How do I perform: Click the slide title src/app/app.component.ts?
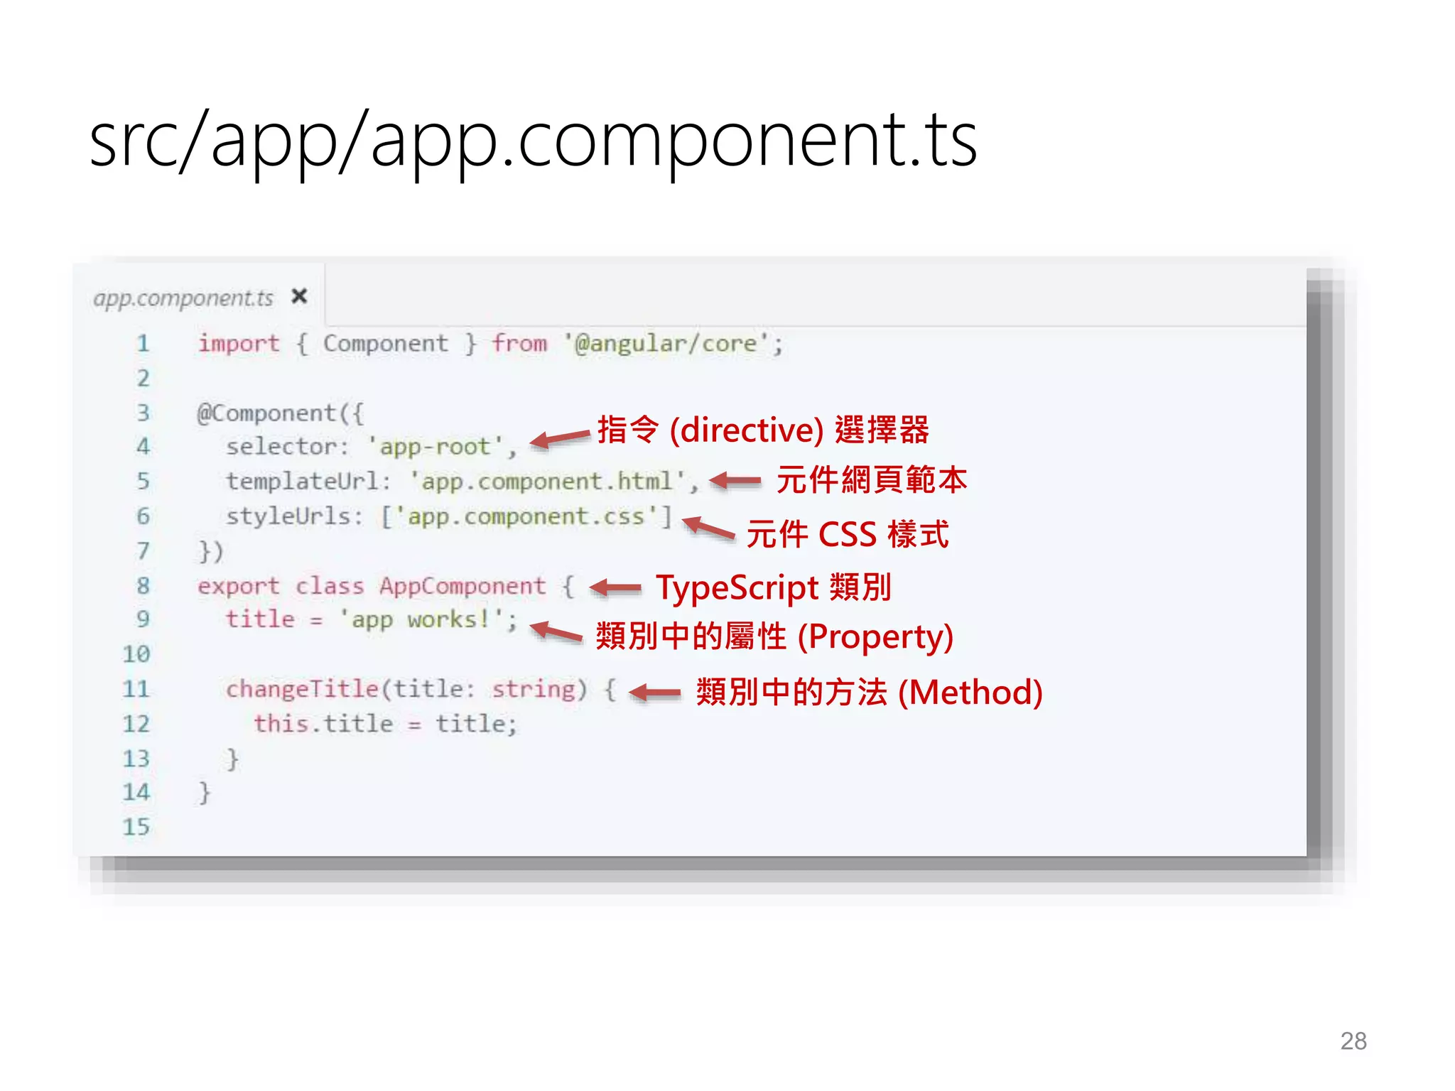pos(533,140)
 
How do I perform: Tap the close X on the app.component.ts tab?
pos(300,295)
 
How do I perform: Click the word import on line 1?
pos(239,344)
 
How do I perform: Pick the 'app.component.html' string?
pos(547,482)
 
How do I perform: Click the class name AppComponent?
pos(463,586)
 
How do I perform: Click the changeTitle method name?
pos(302,689)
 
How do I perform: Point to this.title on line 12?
pos(323,724)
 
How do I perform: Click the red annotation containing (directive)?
pos(763,430)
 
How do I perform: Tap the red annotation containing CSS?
pos(848,534)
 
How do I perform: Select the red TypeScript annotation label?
pos(773,587)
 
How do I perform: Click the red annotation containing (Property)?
pos(774,636)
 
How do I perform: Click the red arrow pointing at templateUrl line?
pos(736,481)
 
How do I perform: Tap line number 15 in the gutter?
pos(136,827)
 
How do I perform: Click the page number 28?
pos(1353,1041)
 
